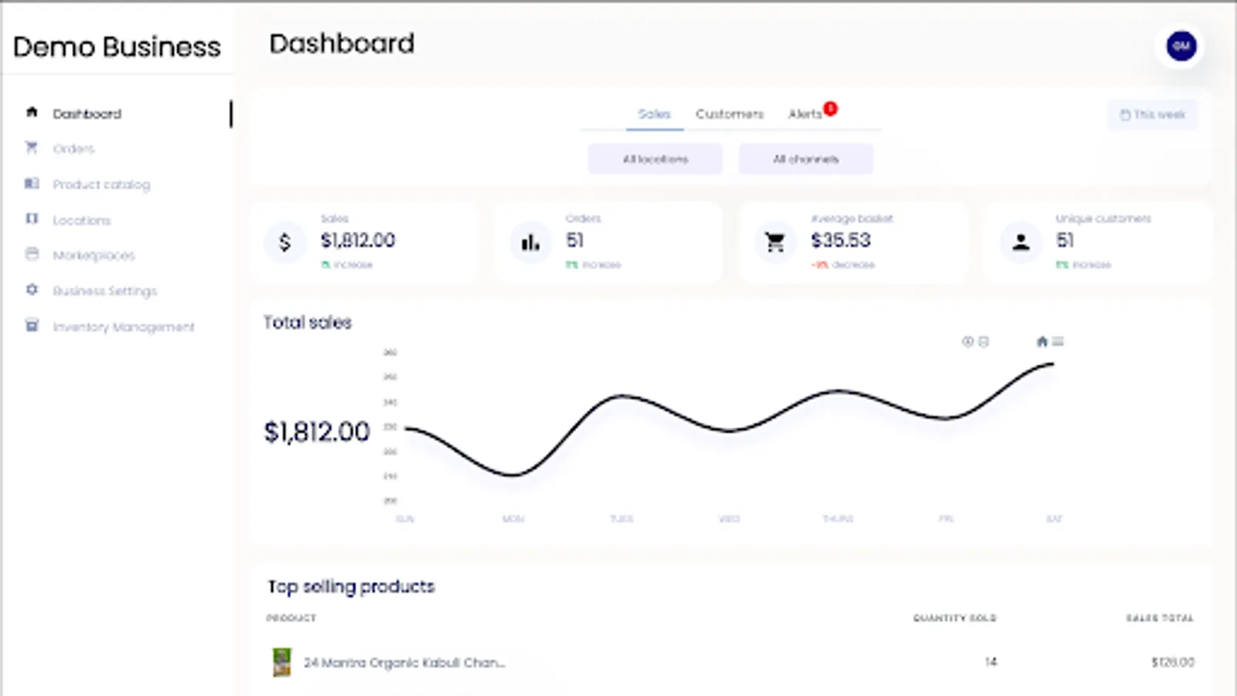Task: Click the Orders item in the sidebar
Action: click(73, 148)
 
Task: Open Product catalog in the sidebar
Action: click(101, 184)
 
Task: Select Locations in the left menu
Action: click(81, 220)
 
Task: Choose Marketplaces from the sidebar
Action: click(93, 255)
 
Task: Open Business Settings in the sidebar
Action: click(104, 291)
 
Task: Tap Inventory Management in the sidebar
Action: click(123, 326)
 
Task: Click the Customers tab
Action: click(729, 114)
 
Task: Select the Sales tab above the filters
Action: click(654, 114)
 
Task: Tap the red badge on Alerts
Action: click(830, 108)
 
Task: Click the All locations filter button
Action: click(655, 159)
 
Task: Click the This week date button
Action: click(1152, 114)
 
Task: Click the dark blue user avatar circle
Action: click(1181, 46)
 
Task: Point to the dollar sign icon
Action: click(285, 243)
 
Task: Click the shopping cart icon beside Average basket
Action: click(775, 243)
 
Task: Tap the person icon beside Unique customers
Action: click(1021, 243)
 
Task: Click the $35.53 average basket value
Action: click(840, 241)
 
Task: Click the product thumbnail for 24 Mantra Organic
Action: click(282, 662)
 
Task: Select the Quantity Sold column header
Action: click(954, 618)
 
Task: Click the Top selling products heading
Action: click(351, 586)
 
